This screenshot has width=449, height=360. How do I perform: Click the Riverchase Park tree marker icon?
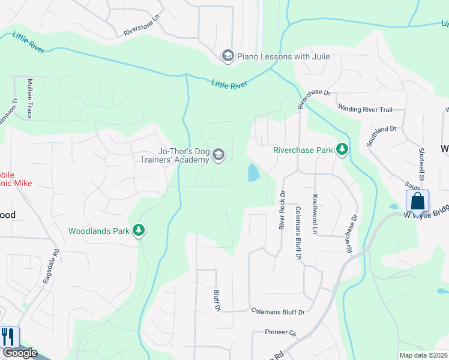[342, 149]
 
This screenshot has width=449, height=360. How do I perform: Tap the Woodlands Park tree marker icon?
[139, 230]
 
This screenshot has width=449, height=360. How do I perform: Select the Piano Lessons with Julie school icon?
[228, 56]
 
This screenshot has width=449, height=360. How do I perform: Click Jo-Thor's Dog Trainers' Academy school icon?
[218, 155]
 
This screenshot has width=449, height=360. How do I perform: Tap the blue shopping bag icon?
[417, 201]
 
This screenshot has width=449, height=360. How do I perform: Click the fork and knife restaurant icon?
[8, 337]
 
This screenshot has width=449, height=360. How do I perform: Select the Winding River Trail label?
[365, 110]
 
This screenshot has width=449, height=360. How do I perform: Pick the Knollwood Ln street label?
[314, 214]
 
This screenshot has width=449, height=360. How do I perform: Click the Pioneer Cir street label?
[281, 332]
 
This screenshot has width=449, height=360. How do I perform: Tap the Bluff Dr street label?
[217, 300]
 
